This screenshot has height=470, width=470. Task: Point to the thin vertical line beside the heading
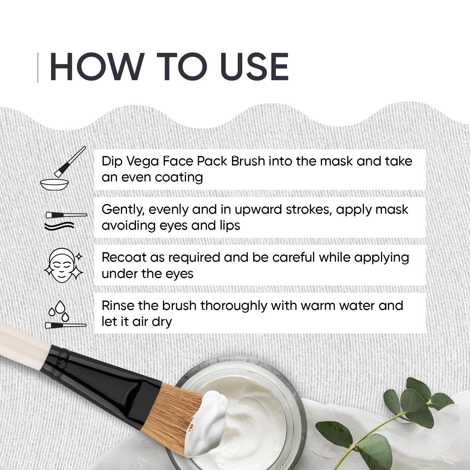tap(38, 68)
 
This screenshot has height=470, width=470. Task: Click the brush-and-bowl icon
tap(63, 168)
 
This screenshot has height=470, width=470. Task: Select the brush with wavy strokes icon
tap(66, 220)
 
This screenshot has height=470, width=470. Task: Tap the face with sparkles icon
tap(64, 265)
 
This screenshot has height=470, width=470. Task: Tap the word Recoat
tap(124, 258)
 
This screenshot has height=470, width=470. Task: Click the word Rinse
tap(118, 305)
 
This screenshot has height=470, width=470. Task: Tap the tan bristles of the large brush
tap(175, 407)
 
